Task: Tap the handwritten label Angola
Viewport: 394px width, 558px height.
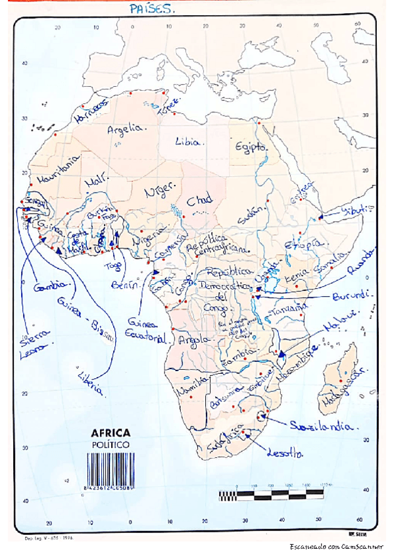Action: pos(193,340)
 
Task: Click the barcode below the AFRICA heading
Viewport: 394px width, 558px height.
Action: pos(110,470)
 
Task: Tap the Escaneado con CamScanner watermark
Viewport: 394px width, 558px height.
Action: pos(338,547)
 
